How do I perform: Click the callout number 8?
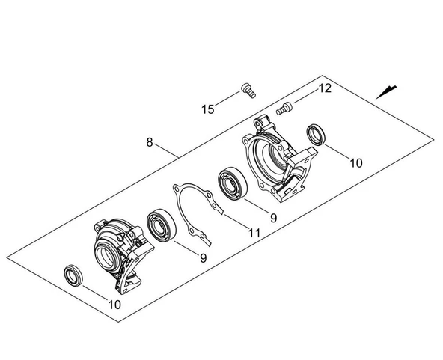pyautogui.click(x=150, y=142)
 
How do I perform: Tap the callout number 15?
pyautogui.click(x=208, y=109)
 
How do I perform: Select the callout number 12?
pyautogui.click(x=325, y=88)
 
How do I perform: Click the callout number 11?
pyautogui.click(x=254, y=233)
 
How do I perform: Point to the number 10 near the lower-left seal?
pyautogui.click(x=114, y=305)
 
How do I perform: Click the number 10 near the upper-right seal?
pyautogui.click(x=356, y=163)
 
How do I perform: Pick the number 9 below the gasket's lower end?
pyautogui.click(x=203, y=258)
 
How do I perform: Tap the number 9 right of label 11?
pyautogui.click(x=273, y=218)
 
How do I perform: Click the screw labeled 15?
pyautogui.click(x=248, y=91)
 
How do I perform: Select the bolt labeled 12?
pyautogui.click(x=284, y=109)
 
